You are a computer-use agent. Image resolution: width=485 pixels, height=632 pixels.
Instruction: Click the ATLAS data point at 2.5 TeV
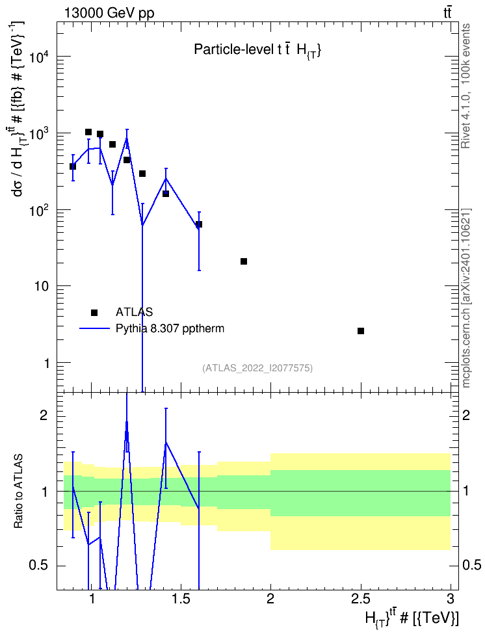(x=361, y=331)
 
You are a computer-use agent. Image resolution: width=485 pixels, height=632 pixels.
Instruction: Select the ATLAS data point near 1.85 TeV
(x=244, y=261)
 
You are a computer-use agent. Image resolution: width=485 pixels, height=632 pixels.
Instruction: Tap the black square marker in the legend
(x=94, y=312)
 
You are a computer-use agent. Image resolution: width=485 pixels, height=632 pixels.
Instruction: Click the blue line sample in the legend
(x=94, y=329)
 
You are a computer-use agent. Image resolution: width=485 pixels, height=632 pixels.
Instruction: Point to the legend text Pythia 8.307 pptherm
(x=170, y=329)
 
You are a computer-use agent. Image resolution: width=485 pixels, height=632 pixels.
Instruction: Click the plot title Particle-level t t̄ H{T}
(x=257, y=49)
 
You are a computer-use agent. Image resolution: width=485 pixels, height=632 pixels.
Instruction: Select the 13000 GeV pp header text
(x=109, y=13)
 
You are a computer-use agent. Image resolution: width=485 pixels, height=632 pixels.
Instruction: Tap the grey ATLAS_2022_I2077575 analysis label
(x=257, y=368)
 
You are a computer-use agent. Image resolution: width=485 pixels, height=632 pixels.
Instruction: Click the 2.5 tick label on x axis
(x=360, y=599)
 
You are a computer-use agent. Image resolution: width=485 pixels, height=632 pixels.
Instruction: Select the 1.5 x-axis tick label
(x=181, y=599)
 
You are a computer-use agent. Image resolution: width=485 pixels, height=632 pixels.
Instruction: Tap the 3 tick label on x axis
(x=451, y=599)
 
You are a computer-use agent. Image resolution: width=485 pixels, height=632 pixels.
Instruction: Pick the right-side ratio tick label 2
(x=466, y=415)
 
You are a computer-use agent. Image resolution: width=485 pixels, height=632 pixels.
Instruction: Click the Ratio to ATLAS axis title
(x=18, y=491)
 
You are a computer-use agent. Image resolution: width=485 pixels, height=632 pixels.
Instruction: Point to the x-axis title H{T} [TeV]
(x=412, y=618)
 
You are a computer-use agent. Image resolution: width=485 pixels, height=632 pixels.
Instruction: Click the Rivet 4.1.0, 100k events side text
(x=465, y=86)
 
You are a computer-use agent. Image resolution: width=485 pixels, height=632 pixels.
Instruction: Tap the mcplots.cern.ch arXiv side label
(x=465, y=298)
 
